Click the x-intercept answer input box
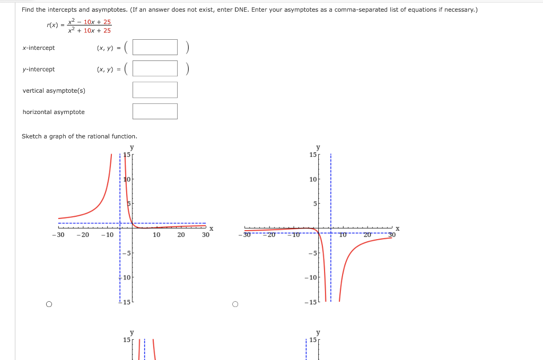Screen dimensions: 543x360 pos(155,47)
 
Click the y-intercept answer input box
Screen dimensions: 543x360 pos(155,68)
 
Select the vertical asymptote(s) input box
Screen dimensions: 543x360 pos(155,90)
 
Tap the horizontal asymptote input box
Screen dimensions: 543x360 pos(155,111)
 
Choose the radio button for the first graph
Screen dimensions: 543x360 pos(49,304)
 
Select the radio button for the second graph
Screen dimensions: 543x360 pos(235,304)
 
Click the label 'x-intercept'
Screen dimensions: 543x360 pos(39,48)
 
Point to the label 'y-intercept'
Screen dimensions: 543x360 pos(39,69)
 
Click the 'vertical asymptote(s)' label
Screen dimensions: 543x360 pos(54,91)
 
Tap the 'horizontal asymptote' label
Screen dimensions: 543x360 pos(54,112)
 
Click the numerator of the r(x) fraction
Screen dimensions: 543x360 pos(90,22)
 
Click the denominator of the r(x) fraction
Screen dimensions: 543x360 pos(90,30)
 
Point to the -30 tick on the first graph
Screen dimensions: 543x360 pos(58,235)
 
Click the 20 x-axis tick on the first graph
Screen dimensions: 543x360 pos(181,235)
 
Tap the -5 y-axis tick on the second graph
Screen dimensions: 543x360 pos(312,252)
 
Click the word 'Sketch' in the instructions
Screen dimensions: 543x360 pos(31,136)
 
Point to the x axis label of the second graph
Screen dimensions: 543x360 pos(397,228)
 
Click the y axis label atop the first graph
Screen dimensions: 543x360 pos(132,147)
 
